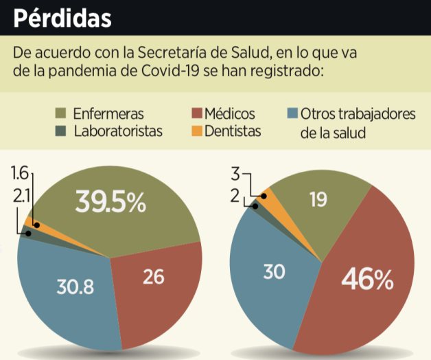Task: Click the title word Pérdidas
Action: pyautogui.click(x=62, y=17)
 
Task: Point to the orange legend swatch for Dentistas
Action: pyautogui.click(x=195, y=131)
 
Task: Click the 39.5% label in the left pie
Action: pyautogui.click(x=110, y=202)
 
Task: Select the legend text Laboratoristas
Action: pyautogui.click(x=117, y=131)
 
